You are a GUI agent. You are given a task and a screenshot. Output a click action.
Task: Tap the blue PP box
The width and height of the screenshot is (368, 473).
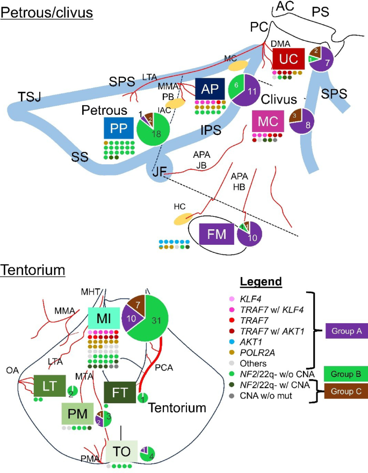click(x=119, y=128)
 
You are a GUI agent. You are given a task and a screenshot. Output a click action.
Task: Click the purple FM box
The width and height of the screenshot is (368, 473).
click(x=215, y=234)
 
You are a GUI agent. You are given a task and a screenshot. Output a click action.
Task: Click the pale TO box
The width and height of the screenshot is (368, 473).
click(x=121, y=451)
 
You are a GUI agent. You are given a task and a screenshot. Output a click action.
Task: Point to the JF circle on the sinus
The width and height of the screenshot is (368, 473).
click(x=158, y=172)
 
